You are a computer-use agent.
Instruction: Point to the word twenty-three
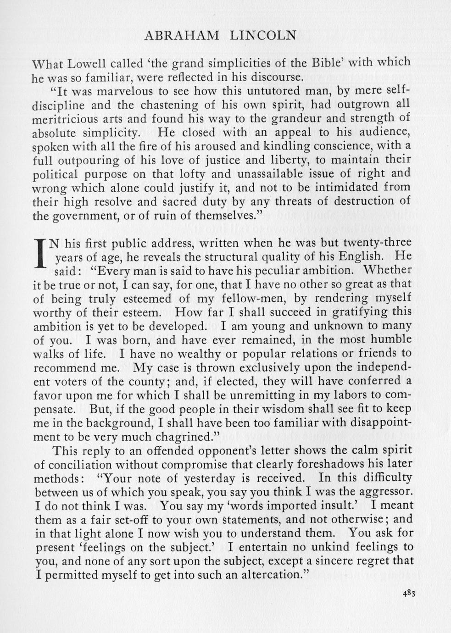pyautogui.click(x=378, y=243)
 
